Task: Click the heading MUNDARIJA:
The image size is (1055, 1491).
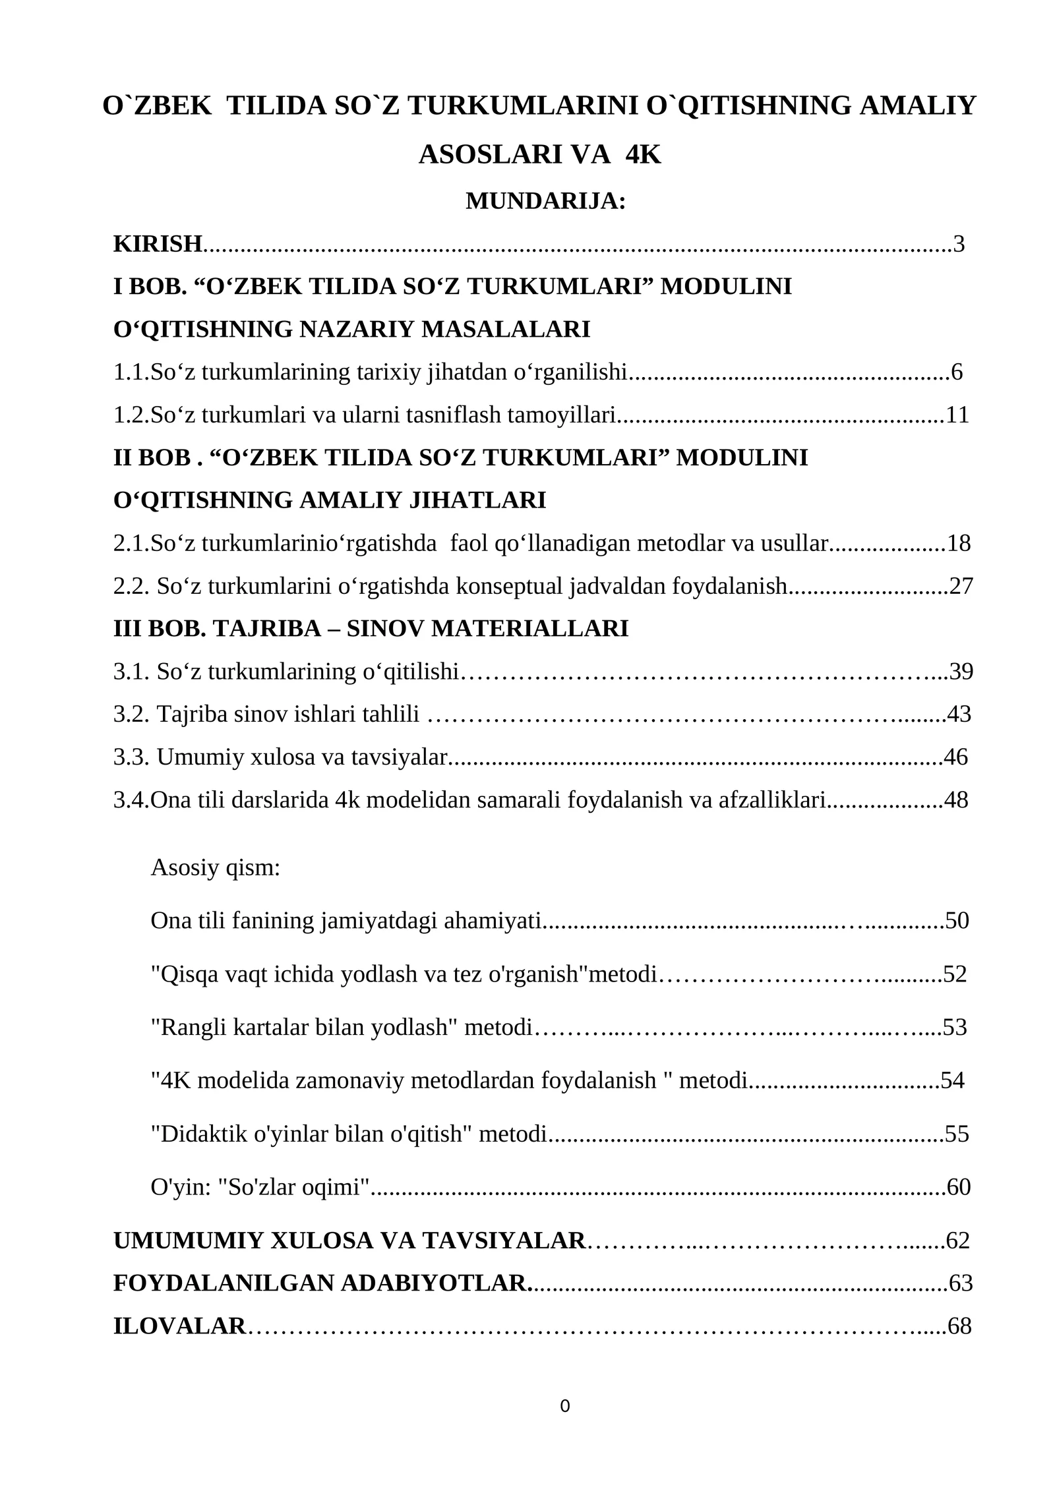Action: [545, 201]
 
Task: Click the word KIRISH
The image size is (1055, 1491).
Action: [158, 244]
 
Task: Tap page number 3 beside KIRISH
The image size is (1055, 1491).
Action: [959, 244]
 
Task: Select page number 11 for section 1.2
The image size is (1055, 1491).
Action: [957, 415]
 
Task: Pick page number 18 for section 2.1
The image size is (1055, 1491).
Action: [959, 544]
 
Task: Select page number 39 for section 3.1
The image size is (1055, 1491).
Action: [961, 672]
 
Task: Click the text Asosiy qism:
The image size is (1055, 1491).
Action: [216, 868]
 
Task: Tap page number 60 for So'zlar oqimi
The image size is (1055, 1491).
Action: [959, 1187]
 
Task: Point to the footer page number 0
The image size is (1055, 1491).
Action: [564, 1407]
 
